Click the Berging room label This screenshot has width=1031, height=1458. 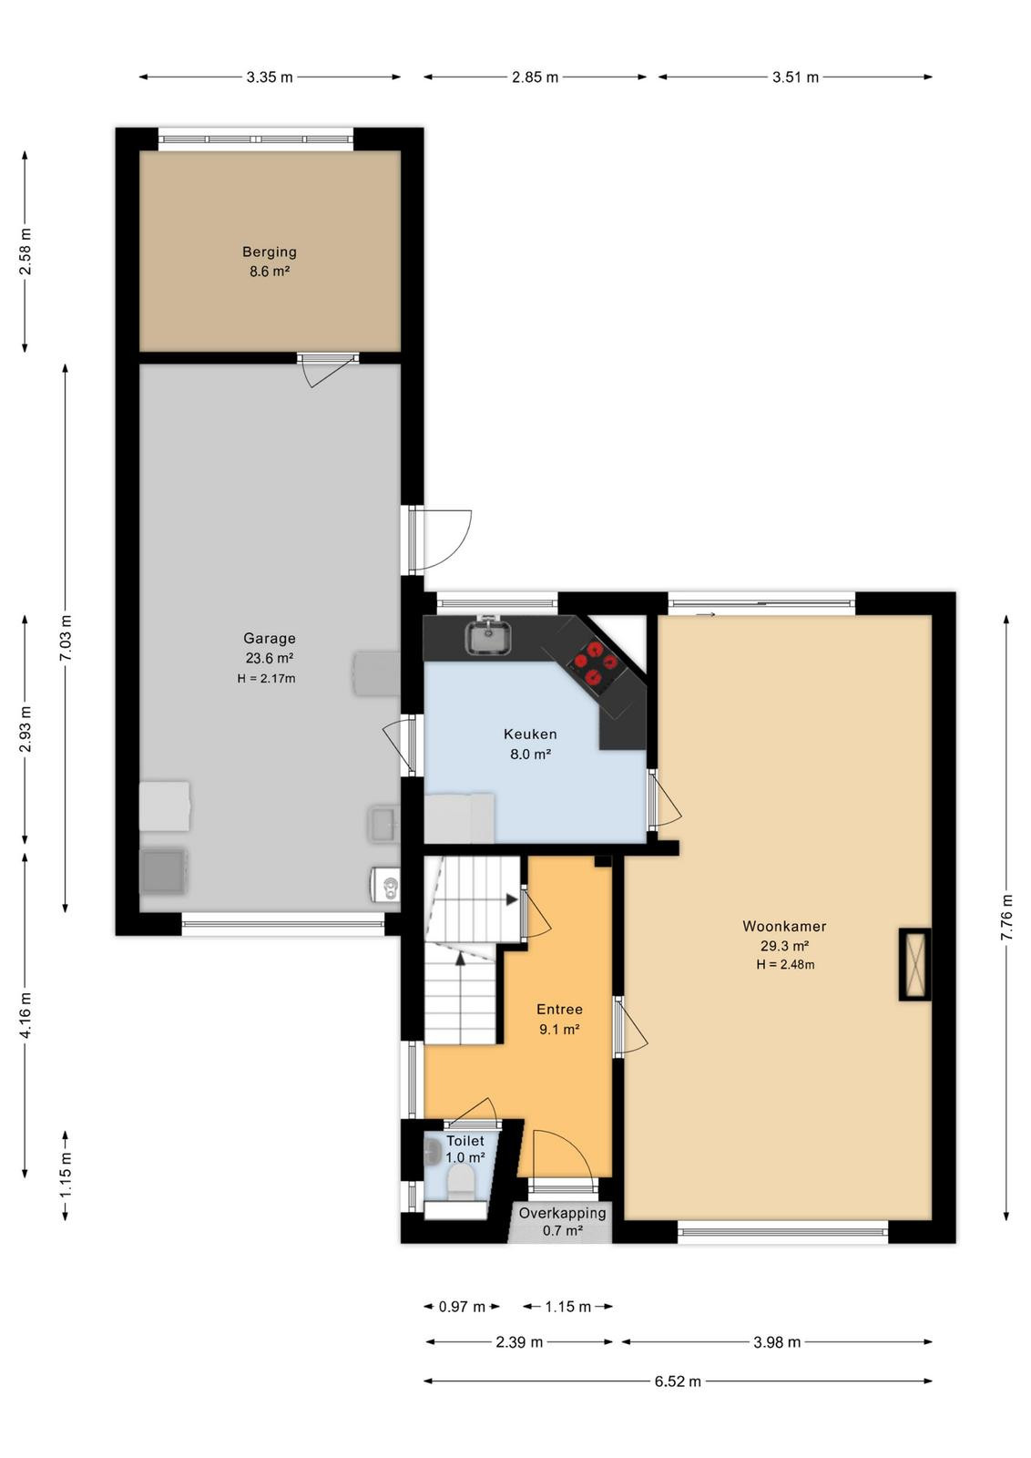coord(270,252)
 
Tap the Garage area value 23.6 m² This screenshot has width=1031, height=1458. coord(270,658)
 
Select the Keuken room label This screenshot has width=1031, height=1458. coord(530,734)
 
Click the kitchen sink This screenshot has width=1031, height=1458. coord(488,636)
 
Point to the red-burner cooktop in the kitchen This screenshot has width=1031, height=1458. coord(592,663)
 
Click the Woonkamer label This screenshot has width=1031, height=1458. coord(784,926)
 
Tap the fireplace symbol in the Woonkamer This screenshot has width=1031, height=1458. coord(914,964)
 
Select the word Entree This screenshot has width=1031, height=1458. coord(559,1010)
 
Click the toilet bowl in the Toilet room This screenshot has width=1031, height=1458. coord(462,1181)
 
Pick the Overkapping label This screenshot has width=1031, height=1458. coord(563,1213)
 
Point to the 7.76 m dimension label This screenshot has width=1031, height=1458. coord(1007,917)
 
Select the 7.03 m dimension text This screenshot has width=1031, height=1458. coord(66,638)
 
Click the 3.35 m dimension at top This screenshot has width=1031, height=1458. coord(270,77)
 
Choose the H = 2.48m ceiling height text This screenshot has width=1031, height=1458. coord(785,965)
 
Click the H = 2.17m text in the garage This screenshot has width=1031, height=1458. coord(266,678)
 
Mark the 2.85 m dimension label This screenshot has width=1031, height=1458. coord(535,77)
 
